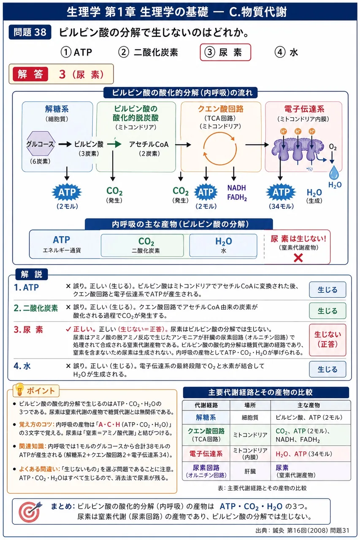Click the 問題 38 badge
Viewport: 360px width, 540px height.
click(30, 32)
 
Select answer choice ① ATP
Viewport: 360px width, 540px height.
click(76, 52)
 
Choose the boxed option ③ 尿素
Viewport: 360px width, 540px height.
click(225, 52)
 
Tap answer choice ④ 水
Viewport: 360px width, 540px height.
click(286, 52)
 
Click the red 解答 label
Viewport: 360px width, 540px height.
click(30, 74)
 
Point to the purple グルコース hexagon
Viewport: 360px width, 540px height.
click(41, 143)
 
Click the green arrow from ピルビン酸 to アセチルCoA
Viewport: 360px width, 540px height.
click(114, 144)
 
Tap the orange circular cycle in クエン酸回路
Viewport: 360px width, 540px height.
click(219, 149)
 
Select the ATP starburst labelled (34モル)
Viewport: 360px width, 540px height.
click(281, 192)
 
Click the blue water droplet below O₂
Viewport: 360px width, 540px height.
click(334, 173)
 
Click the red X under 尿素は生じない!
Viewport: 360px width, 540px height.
click(298, 258)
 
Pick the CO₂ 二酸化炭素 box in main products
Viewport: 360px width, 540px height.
click(142, 245)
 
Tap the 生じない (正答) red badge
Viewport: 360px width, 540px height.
click(328, 340)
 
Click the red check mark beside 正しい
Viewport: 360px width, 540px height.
click(68, 329)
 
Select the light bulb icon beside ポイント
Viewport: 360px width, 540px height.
click(20, 389)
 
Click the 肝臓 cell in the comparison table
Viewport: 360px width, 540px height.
click(250, 471)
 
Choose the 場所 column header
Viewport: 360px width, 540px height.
click(250, 405)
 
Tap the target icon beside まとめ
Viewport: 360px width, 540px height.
click(30, 512)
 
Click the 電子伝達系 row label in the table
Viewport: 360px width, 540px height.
click(206, 454)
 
